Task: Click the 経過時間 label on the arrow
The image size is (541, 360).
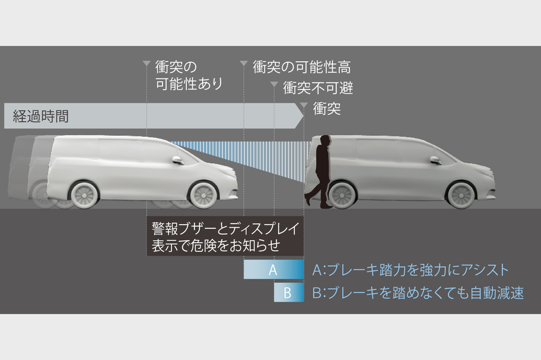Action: click(x=41, y=116)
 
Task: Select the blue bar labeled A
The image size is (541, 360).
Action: click(x=273, y=270)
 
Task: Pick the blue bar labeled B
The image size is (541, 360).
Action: click(x=288, y=292)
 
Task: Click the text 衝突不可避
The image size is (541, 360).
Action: click(x=318, y=88)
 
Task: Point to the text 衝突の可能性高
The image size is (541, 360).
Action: click(x=301, y=67)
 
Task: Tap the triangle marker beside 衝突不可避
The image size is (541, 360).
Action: click(x=273, y=85)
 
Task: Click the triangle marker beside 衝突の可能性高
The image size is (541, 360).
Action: click(x=243, y=63)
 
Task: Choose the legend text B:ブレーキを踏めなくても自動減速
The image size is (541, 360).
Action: click(x=418, y=292)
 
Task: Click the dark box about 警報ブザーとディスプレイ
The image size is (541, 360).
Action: click(x=225, y=236)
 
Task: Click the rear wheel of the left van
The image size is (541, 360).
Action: click(x=84, y=194)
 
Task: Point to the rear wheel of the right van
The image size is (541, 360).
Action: click(x=342, y=194)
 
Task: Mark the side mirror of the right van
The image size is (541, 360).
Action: click(x=435, y=160)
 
